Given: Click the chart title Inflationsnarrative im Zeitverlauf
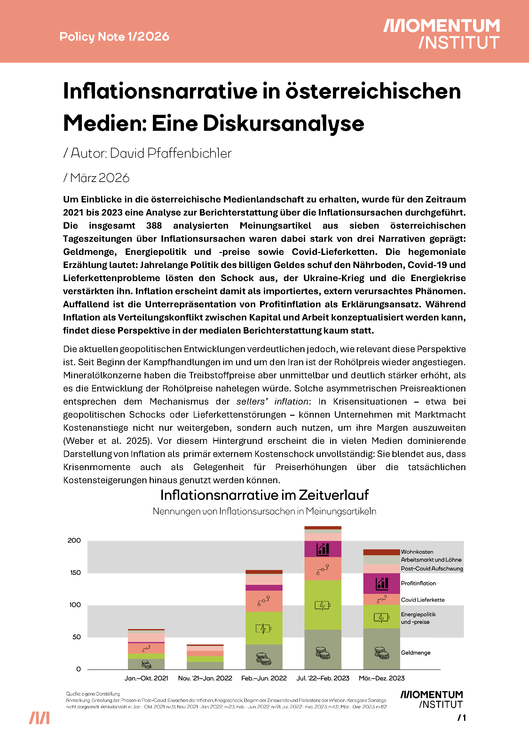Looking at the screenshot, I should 264,495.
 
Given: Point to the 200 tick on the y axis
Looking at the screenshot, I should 74,540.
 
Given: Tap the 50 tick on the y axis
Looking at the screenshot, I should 76,637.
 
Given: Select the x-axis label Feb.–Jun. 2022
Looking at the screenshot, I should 264,678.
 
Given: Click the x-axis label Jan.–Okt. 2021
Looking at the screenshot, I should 146,678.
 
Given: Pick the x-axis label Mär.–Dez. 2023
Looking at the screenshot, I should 382,678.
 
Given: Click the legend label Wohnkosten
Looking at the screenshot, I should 417,552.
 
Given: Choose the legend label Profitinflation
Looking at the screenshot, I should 418,583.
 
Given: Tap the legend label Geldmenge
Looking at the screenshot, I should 416,653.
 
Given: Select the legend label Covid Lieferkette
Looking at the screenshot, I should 422,600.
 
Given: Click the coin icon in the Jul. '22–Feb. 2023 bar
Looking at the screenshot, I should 323,653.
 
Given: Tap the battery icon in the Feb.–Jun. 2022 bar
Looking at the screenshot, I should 264,628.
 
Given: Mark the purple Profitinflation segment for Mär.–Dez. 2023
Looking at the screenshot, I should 382,583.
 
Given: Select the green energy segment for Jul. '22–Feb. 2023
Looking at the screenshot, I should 323,605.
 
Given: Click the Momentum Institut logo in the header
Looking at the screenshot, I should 441,34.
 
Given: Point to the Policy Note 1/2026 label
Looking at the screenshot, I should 114,36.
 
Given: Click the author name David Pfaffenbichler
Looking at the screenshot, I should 171,153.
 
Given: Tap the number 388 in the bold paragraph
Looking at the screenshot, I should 154,225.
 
